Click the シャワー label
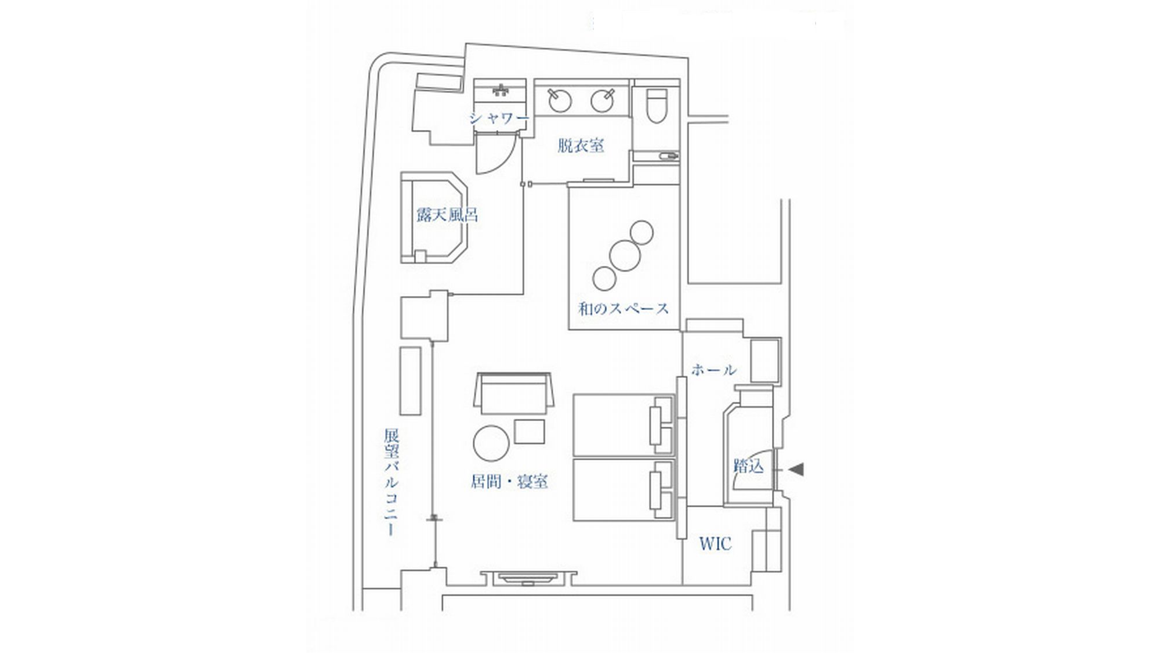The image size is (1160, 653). pyautogui.click(x=499, y=118)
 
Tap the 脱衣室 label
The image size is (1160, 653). pyautogui.click(x=581, y=145)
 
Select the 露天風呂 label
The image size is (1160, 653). pyautogui.click(x=447, y=215)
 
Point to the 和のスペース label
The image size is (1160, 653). pyautogui.click(x=623, y=308)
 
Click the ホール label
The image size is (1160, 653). pyautogui.click(x=714, y=370)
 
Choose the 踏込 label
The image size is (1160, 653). pyautogui.click(x=749, y=466)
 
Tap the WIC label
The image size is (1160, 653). pyautogui.click(x=715, y=544)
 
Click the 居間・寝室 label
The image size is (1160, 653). pyautogui.click(x=509, y=481)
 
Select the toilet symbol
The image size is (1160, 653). pyautogui.click(x=657, y=106)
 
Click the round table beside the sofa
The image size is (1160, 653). pyautogui.click(x=491, y=443)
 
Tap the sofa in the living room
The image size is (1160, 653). pyautogui.click(x=513, y=392)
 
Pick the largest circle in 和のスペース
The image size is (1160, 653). pyautogui.click(x=625, y=255)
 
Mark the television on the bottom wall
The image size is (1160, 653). pyautogui.click(x=528, y=578)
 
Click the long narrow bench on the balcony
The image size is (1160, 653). pyautogui.click(x=411, y=381)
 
